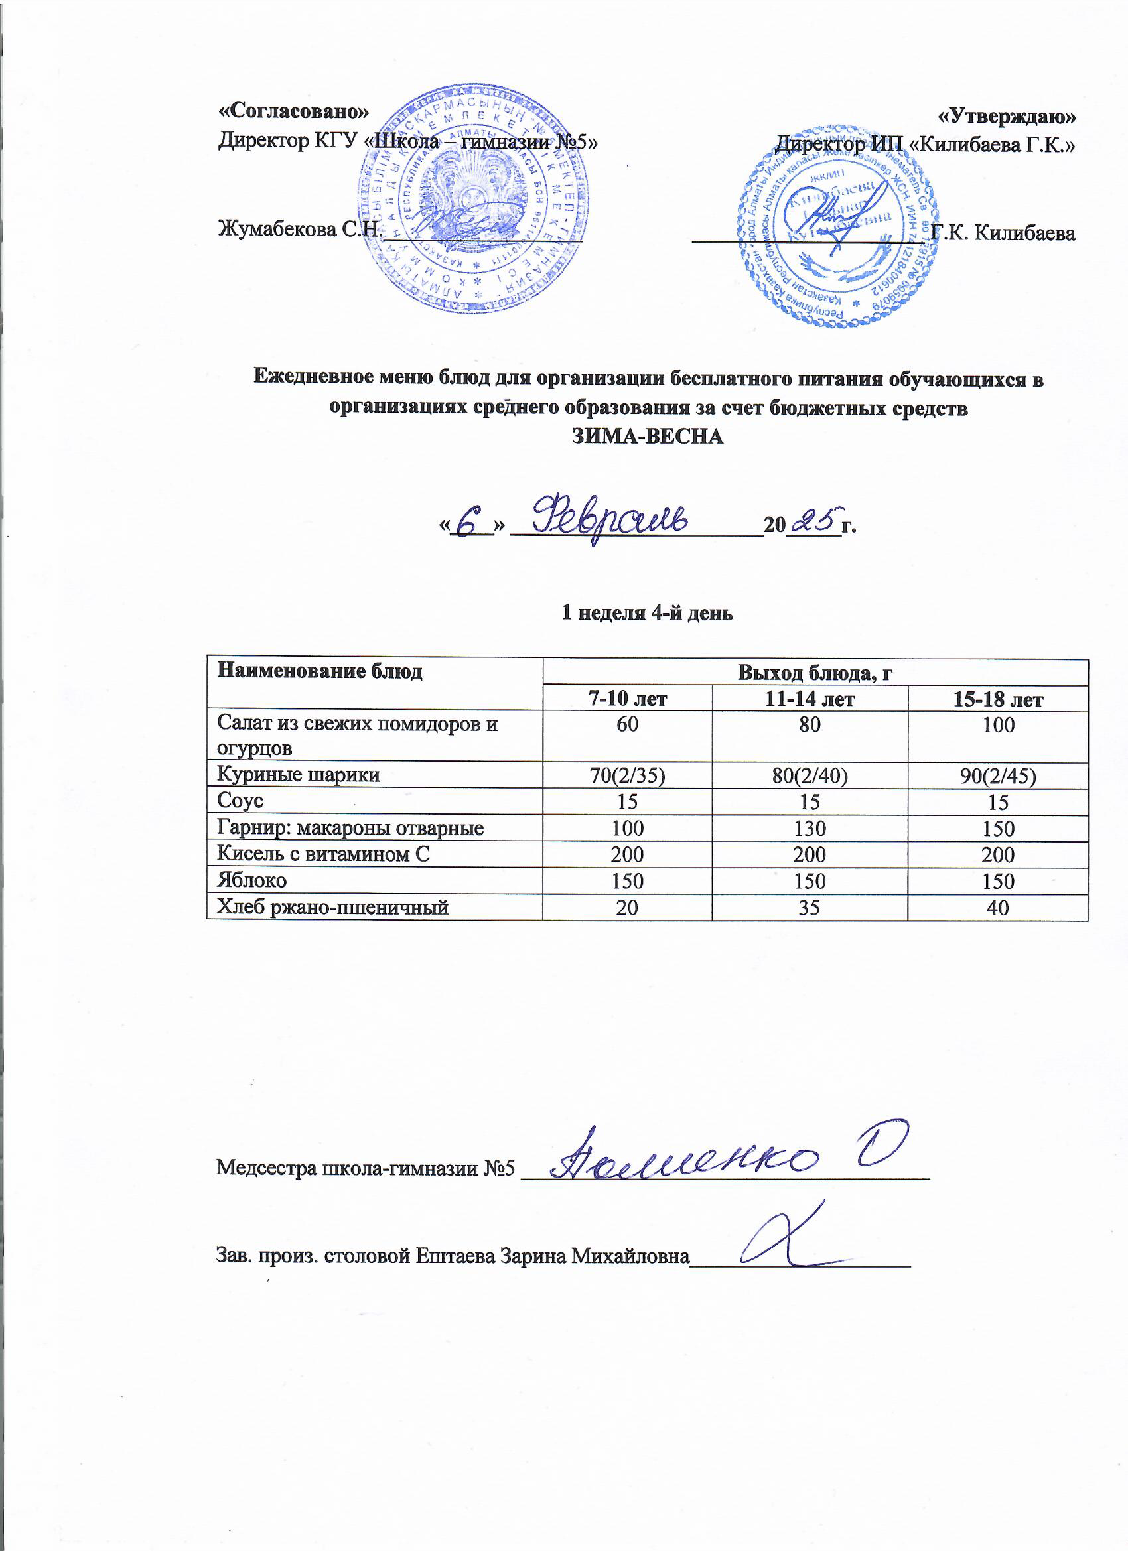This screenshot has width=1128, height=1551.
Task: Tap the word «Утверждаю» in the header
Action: click(x=1007, y=117)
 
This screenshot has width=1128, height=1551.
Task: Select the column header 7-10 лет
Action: click(x=626, y=699)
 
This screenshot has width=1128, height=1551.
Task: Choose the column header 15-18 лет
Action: click(x=997, y=699)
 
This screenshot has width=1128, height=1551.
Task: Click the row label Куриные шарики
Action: click(x=298, y=775)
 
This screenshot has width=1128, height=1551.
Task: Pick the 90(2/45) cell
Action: click(x=997, y=775)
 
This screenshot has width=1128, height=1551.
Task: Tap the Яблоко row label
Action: click(x=251, y=880)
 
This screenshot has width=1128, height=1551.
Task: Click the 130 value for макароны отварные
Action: click(x=810, y=828)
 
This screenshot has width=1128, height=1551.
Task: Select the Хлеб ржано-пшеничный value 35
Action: click(x=810, y=908)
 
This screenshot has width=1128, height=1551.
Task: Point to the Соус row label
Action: click(x=240, y=801)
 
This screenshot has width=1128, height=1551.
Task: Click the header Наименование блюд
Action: click(x=319, y=671)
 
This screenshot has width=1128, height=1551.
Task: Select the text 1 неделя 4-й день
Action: click(x=646, y=613)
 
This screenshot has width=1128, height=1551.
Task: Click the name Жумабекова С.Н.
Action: click(x=298, y=228)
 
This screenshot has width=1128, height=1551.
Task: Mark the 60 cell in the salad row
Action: click(x=626, y=724)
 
